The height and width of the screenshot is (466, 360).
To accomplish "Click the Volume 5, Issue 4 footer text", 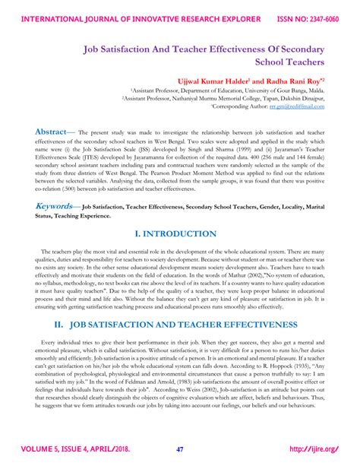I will click(x=75, y=449).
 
